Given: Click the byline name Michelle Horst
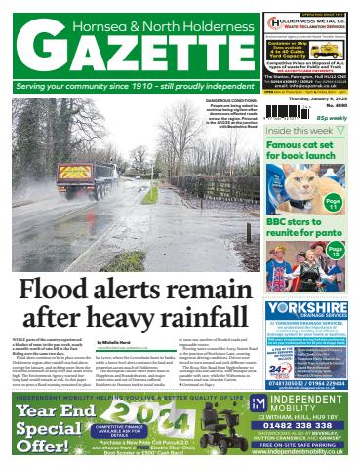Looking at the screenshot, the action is pos(114,343).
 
